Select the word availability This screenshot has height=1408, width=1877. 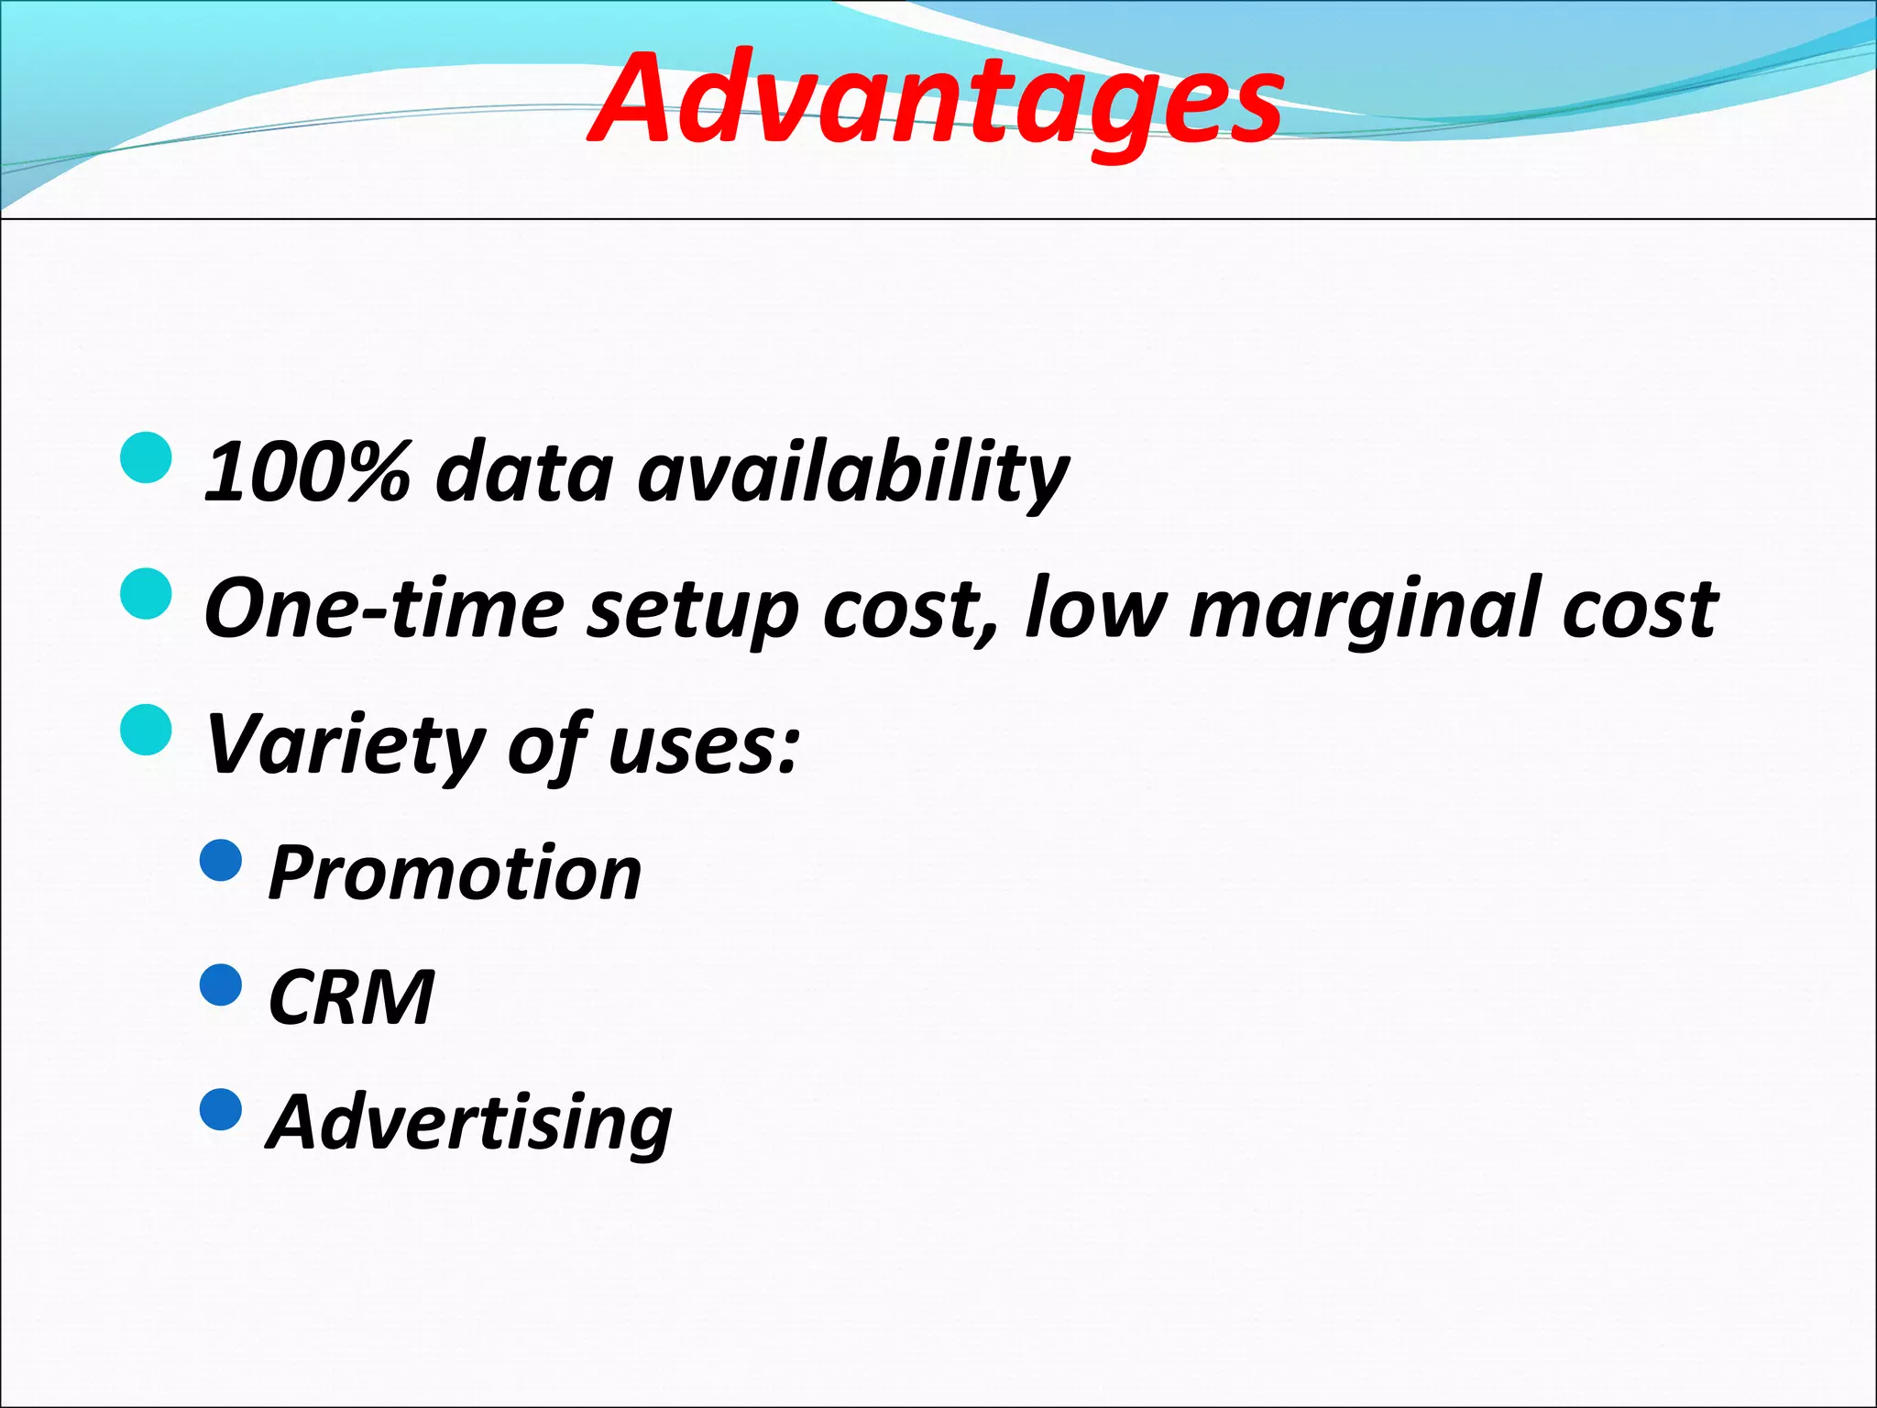[852, 472]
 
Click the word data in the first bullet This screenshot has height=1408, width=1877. [523, 472]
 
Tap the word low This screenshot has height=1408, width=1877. [1096, 609]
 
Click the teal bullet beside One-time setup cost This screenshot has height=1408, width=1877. [146, 593]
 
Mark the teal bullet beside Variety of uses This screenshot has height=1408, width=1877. [146, 729]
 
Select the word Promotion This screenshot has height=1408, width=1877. [455, 874]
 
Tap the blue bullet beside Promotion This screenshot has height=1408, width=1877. [221, 860]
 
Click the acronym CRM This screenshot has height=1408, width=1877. [351, 997]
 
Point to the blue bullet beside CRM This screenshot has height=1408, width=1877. [221, 985]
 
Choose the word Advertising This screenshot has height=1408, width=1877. [469, 1123]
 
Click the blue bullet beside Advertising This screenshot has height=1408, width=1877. [221, 1109]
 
